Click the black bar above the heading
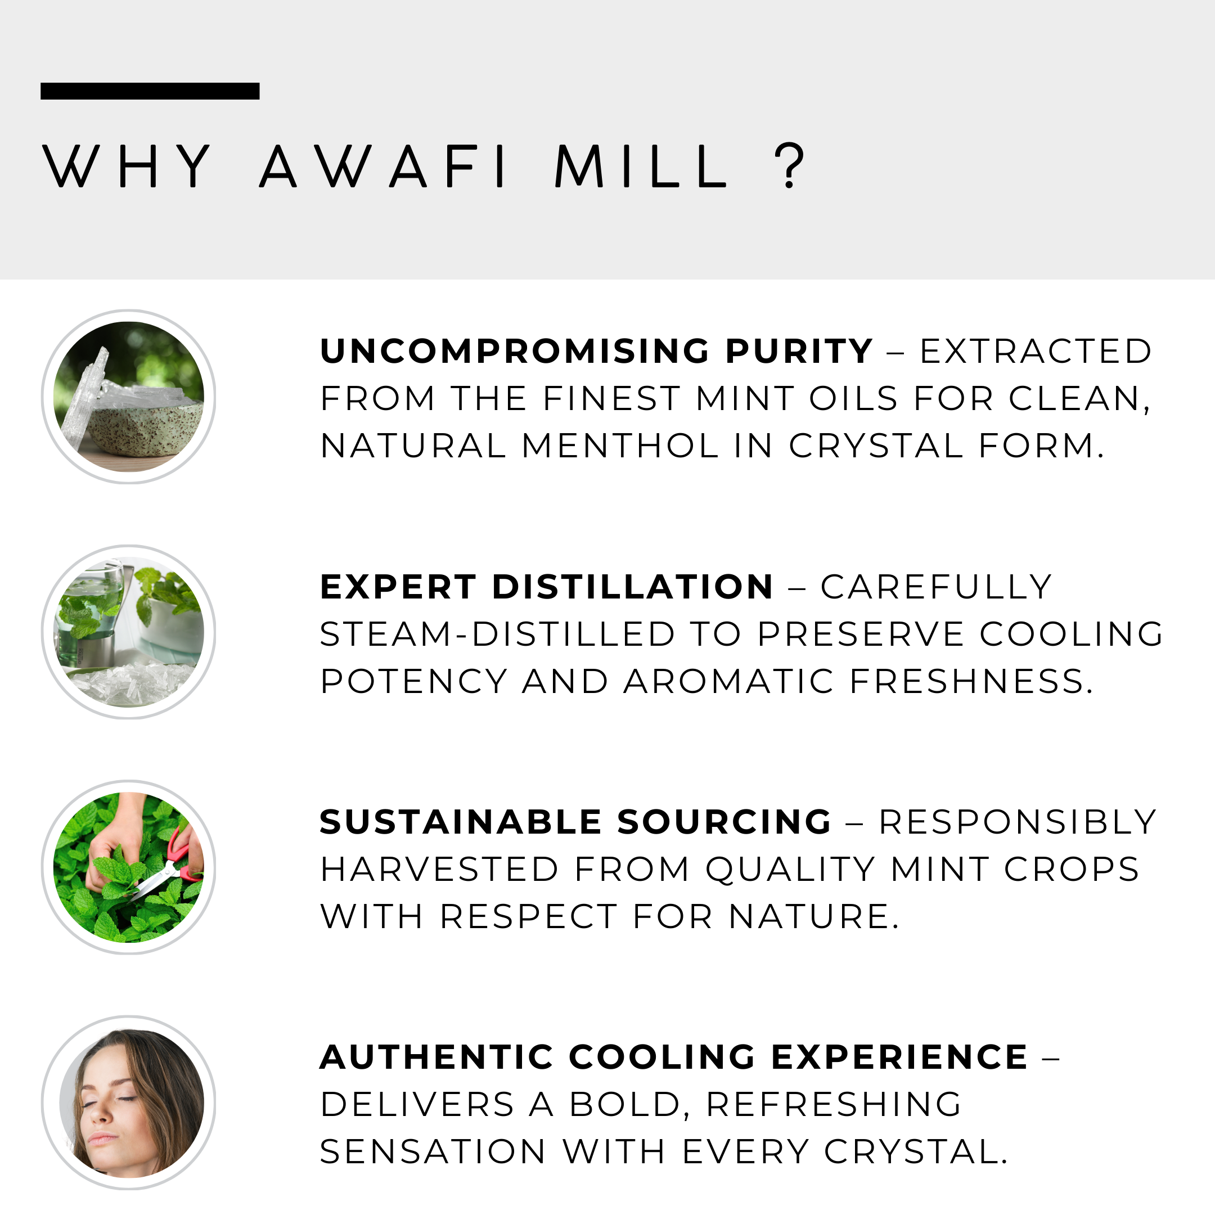coord(150,91)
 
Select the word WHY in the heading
coord(127,166)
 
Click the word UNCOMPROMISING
coord(515,351)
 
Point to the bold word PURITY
coord(799,351)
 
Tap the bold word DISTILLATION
coord(633,587)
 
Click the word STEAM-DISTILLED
coord(497,633)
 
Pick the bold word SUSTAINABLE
coord(461,822)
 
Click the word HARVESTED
coord(439,869)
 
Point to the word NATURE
coord(814,916)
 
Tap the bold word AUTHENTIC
coord(437,1057)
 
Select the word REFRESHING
coord(834,1104)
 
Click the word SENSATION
coord(433,1151)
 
